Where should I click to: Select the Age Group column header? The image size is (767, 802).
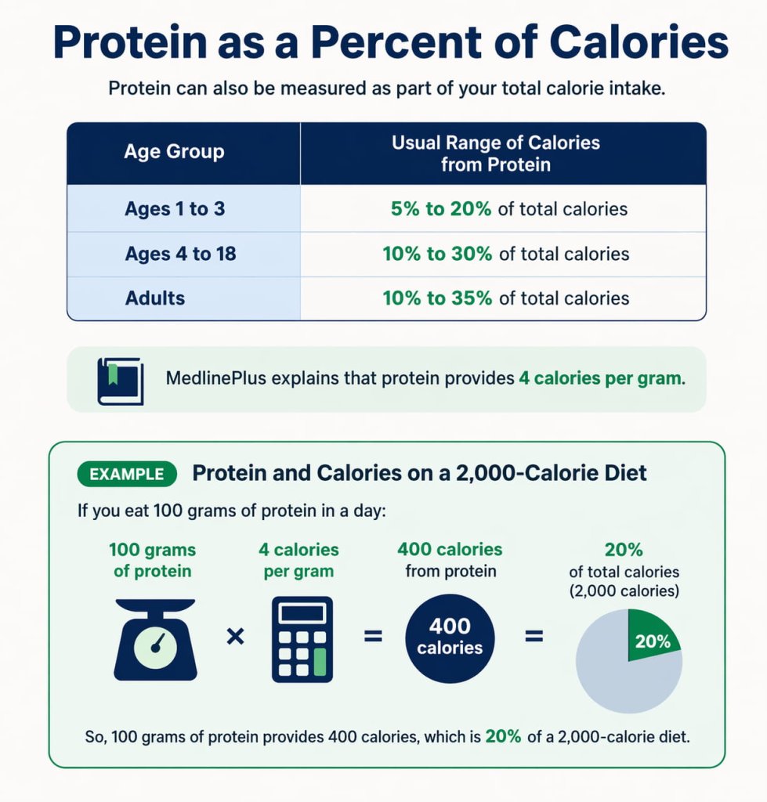click(174, 151)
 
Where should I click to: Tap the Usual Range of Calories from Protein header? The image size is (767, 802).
click(495, 154)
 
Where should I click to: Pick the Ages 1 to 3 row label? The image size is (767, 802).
click(174, 209)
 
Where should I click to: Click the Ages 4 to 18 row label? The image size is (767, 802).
click(180, 254)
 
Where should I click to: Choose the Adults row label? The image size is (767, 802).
click(154, 298)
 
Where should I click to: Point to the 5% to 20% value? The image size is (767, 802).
click(440, 209)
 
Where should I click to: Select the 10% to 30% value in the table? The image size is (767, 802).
click(437, 254)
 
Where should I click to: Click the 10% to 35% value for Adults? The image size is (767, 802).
click(437, 298)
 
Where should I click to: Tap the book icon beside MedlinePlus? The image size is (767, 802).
click(120, 381)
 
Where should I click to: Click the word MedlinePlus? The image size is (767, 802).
click(216, 379)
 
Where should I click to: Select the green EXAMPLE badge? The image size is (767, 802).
click(126, 474)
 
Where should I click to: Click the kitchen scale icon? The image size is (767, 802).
click(155, 639)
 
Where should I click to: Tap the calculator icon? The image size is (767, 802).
click(302, 639)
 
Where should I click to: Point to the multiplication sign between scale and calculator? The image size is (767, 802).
click(234, 637)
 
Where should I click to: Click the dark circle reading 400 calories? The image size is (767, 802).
click(450, 638)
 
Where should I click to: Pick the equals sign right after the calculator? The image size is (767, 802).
click(374, 637)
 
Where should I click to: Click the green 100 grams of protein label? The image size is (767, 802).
click(152, 560)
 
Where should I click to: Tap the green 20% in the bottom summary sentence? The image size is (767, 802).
click(502, 737)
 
